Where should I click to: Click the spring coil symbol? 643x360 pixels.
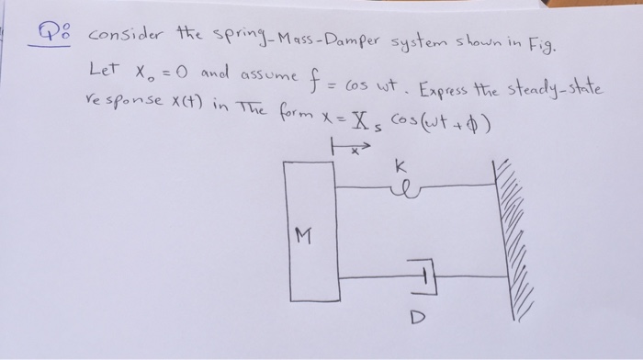pos(403,191)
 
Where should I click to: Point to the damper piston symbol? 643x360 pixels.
pos(423,276)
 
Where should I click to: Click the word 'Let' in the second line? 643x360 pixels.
pos(104,68)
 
